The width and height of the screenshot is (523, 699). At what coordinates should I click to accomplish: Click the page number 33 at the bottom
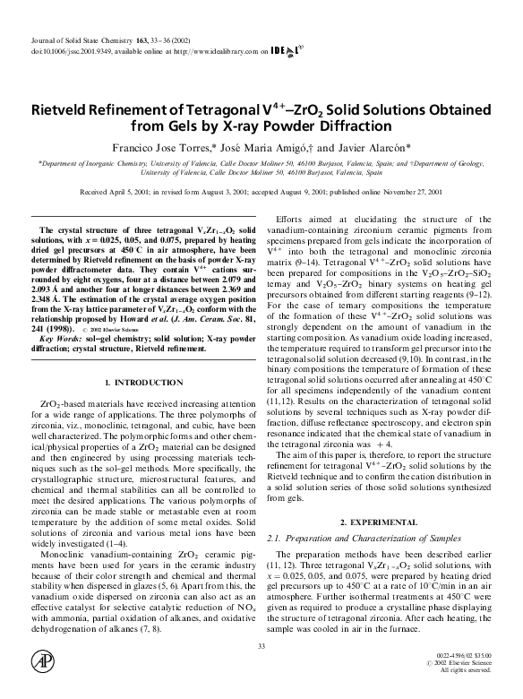pos(261,647)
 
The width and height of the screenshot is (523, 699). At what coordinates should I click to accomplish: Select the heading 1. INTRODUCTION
pos(144,383)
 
